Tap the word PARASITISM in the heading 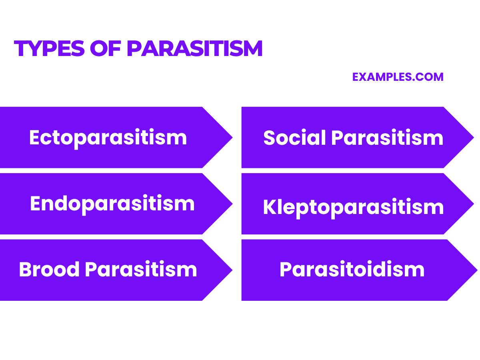coord(194,49)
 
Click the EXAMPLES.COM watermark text coord(398,77)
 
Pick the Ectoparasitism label coord(108,138)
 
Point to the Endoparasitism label coord(112,204)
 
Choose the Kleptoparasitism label coord(353,208)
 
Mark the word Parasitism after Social coord(387,138)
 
